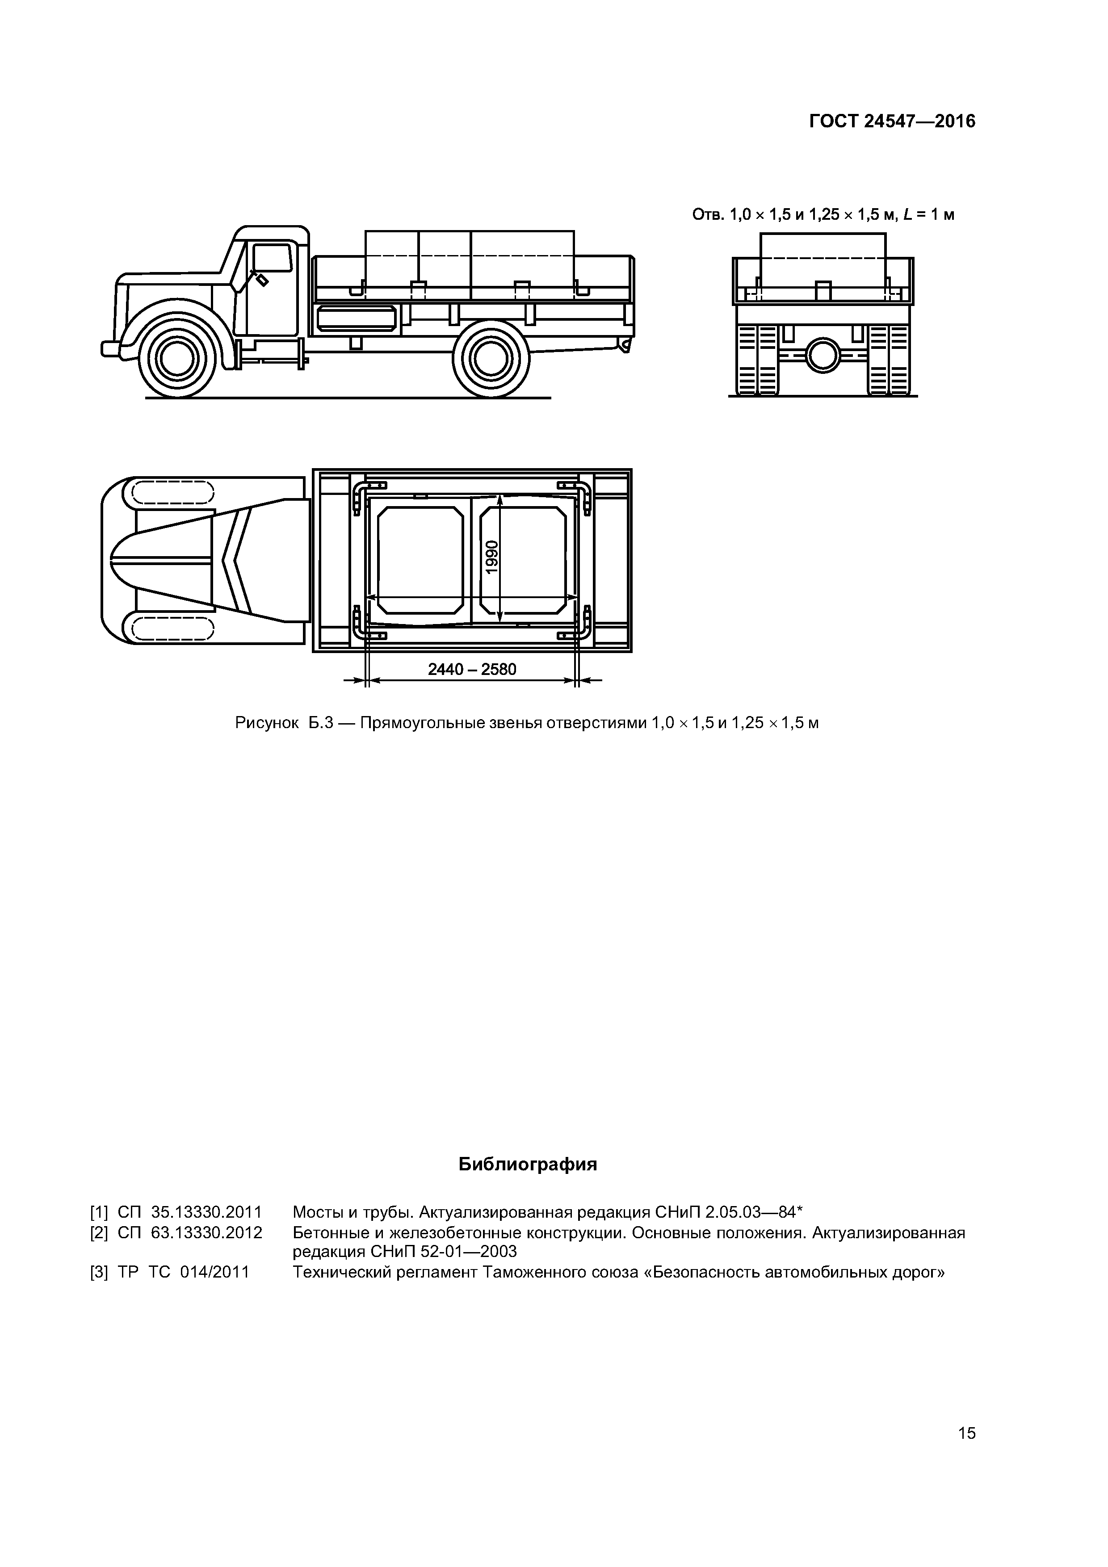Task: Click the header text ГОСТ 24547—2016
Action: click(892, 122)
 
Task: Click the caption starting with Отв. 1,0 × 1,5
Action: click(823, 215)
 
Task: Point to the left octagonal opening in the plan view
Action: click(420, 560)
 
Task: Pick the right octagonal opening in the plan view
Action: click(523, 560)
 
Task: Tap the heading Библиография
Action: click(527, 1165)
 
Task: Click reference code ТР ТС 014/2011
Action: click(183, 1272)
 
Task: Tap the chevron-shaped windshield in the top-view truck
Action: click(235, 560)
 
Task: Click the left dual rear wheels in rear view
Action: click(757, 359)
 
